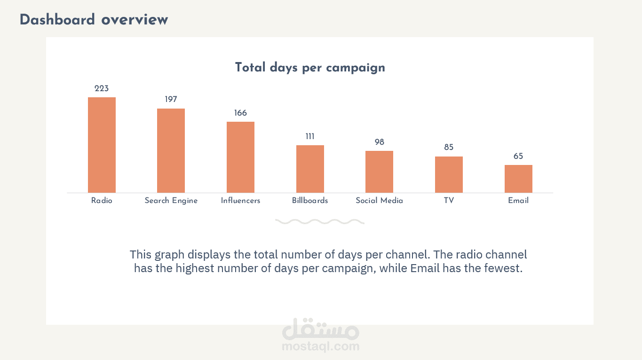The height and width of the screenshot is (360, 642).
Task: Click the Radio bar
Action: click(x=102, y=145)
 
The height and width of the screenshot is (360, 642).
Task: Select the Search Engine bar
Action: click(x=171, y=150)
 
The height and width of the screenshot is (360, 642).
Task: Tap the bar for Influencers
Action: click(x=240, y=157)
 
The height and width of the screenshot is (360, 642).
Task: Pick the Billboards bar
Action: click(x=310, y=169)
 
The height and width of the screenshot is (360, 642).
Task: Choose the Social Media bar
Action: click(x=379, y=172)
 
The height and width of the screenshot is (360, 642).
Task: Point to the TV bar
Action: click(x=449, y=174)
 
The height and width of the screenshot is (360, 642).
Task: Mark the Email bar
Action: click(x=518, y=179)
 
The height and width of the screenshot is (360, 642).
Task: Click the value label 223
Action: click(x=102, y=88)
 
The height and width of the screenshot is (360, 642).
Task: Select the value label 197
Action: click(x=171, y=100)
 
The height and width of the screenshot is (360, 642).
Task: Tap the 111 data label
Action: click(x=310, y=137)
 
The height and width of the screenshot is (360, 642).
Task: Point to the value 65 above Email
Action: click(x=518, y=157)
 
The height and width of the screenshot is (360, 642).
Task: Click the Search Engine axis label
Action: click(x=171, y=201)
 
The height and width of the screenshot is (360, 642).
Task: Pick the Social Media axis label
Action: click(x=379, y=201)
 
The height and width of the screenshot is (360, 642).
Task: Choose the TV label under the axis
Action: click(x=449, y=201)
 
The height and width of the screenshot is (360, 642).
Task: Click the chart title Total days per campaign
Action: click(x=310, y=68)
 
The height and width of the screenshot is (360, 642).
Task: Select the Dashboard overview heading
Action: click(x=94, y=20)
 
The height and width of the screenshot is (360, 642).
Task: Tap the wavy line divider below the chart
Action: click(x=320, y=221)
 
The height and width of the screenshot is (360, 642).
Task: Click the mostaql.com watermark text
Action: click(x=321, y=347)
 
